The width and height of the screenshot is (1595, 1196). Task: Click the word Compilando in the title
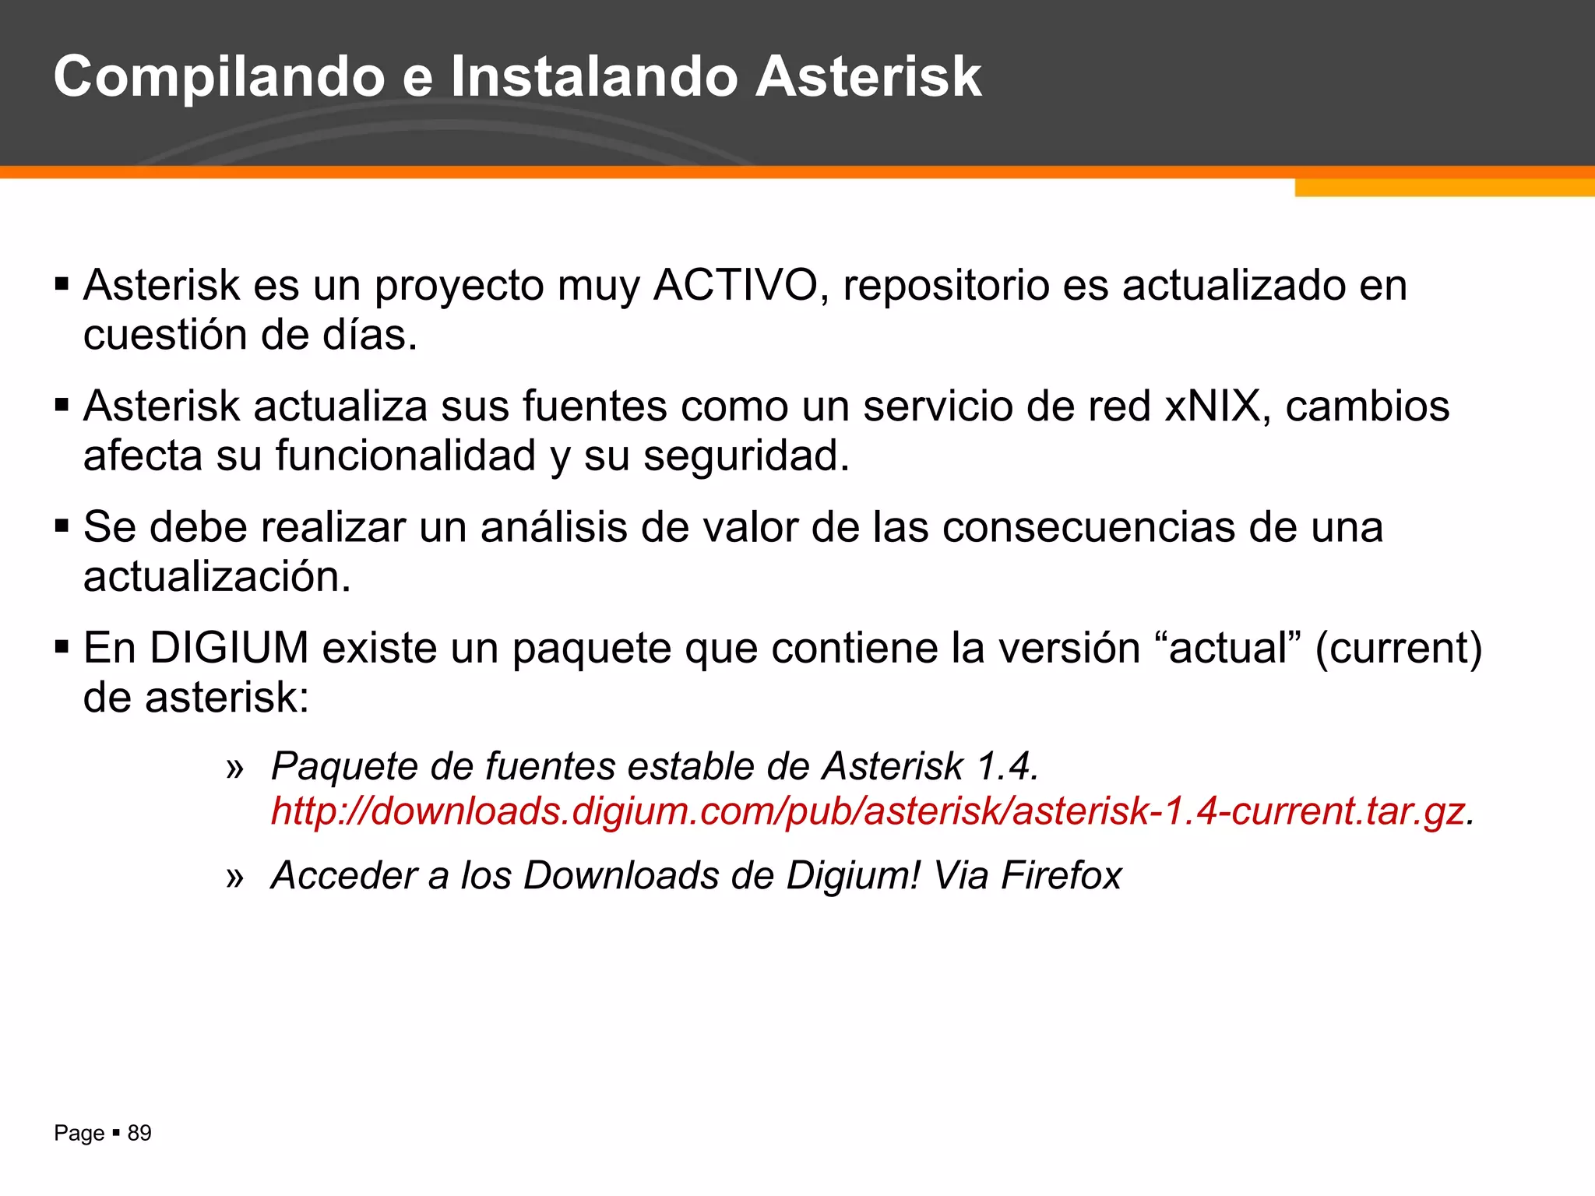pos(219,78)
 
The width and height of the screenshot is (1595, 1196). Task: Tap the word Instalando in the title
pos(594,76)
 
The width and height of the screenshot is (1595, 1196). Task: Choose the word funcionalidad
pos(406,456)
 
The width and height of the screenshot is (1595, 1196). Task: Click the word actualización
pos(217,577)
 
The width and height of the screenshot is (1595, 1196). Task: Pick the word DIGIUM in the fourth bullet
pos(229,648)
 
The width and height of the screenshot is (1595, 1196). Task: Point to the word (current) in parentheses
pos(1399,649)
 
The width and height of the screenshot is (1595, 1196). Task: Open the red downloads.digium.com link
pos(868,811)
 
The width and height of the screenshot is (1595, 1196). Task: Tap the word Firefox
pos(1061,876)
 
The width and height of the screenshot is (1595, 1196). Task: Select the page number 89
pos(139,1133)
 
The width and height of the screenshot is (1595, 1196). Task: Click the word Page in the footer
pos(79,1134)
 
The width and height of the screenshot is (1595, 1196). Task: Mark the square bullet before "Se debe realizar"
pos(62,526)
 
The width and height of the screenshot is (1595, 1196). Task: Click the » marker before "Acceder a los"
pos(234,878)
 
